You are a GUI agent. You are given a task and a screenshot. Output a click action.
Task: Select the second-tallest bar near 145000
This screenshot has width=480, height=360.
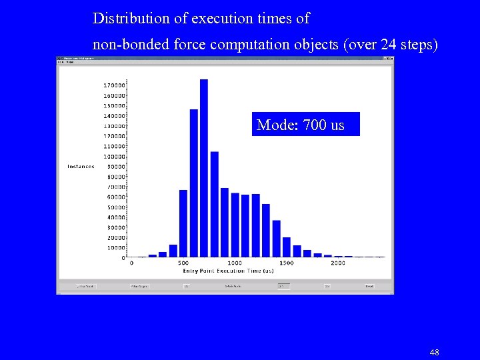[x=194, y=183]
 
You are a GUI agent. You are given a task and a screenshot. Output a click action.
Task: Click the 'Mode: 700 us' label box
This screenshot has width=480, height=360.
[x=305, y=124]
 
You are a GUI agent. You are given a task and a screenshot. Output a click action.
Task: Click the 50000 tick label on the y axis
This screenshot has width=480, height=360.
[x=114, y=207]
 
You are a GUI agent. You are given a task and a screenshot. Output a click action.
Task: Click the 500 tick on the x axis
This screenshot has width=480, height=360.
[x=183, y=263]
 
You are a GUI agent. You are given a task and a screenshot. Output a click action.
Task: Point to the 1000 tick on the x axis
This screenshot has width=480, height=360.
[x=235, y=263]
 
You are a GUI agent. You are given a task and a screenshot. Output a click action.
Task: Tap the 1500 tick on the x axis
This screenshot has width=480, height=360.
[x=286, y=263]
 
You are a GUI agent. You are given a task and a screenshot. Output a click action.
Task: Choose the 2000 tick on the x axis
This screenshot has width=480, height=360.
[x=337, y=263]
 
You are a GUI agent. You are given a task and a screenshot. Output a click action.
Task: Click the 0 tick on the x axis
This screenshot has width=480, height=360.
[x=131, y=263]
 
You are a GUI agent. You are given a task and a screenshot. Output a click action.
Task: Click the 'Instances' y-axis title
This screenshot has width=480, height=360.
[x=81, y=167]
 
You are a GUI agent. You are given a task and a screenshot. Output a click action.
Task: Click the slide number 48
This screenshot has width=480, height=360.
[x=434, y=352]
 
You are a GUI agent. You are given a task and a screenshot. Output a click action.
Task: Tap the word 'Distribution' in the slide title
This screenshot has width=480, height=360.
[x=126, y=19]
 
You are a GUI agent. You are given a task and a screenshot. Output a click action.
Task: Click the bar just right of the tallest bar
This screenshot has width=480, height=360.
[x=215, y=204]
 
